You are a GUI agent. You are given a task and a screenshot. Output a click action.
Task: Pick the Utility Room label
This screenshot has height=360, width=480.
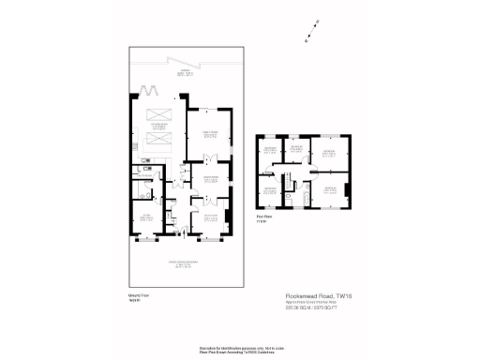[x=144, y=189]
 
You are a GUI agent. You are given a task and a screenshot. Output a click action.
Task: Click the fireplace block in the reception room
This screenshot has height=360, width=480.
[x=229, y=217]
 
